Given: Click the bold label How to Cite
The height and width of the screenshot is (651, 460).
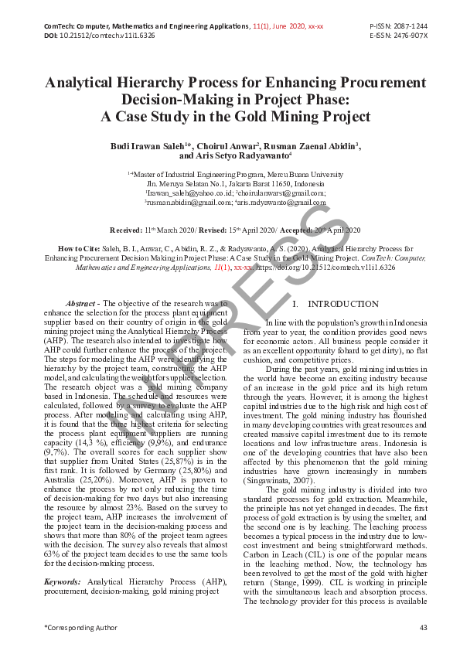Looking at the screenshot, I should coord(78,249).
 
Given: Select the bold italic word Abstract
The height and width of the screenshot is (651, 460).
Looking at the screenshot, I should coord(81,304).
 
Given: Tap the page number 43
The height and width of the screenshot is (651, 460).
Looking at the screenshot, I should coord(423,627).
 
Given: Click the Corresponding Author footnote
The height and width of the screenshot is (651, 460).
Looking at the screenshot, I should coord(81,627).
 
